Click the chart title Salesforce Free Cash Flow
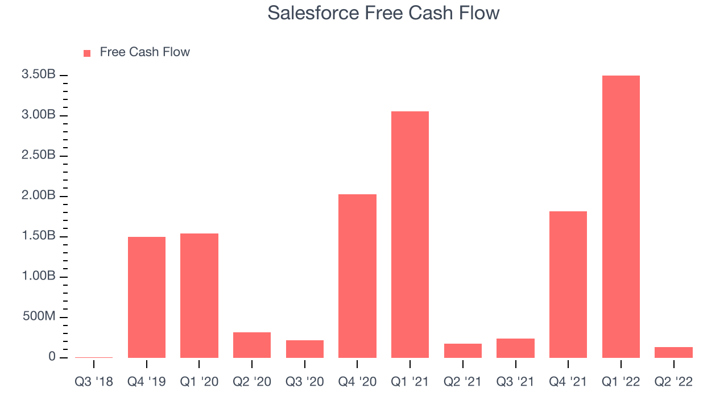tap(383, 13)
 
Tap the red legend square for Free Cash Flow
tap(87, 53)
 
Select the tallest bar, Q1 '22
tap(621, 217)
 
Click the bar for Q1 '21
tap(410, 235)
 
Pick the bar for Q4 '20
tap(357, 276)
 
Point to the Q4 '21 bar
tap(568, 285)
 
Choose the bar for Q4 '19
tap(147, 297)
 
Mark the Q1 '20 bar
tap(199, 296)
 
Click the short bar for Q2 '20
tap(252, 345)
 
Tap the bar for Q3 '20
tap(305, 349)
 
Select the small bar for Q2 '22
tap(674, 353)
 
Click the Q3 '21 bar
tap(515, 348)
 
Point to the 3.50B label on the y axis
tap(38, 74)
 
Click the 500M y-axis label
tap(39, 316)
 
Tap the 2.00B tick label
tap(38, 195)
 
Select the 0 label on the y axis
tap(52, 356)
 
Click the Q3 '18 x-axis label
tap(94, 382)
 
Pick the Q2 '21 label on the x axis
tap(462, 382)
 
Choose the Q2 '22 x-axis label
tap(673, 382)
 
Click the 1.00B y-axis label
tap(38, 276)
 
